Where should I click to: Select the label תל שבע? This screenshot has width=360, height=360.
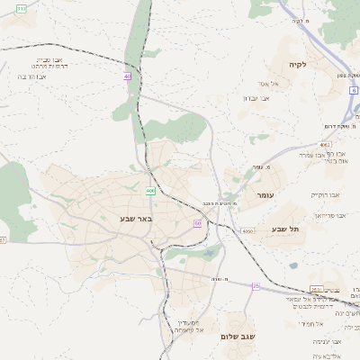pos(284,229)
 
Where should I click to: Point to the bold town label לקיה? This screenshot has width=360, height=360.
pos(297,65)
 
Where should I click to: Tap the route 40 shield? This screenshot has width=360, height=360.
pos(128,77)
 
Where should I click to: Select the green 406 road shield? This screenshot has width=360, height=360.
pos(150,191)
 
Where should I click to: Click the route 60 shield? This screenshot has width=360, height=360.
pos(197,223)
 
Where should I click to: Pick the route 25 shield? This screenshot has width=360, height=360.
pos(256,286)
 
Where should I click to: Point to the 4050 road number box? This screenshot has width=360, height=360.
pos(247,232)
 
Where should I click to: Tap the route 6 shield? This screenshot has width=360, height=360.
pos(354,91)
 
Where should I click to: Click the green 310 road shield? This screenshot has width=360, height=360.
pos(22,8)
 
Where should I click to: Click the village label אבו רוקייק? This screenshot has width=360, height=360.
pos(326,194)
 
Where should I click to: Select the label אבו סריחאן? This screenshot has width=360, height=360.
pos(331,216)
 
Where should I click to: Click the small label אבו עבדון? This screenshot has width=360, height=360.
pos(259,96)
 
